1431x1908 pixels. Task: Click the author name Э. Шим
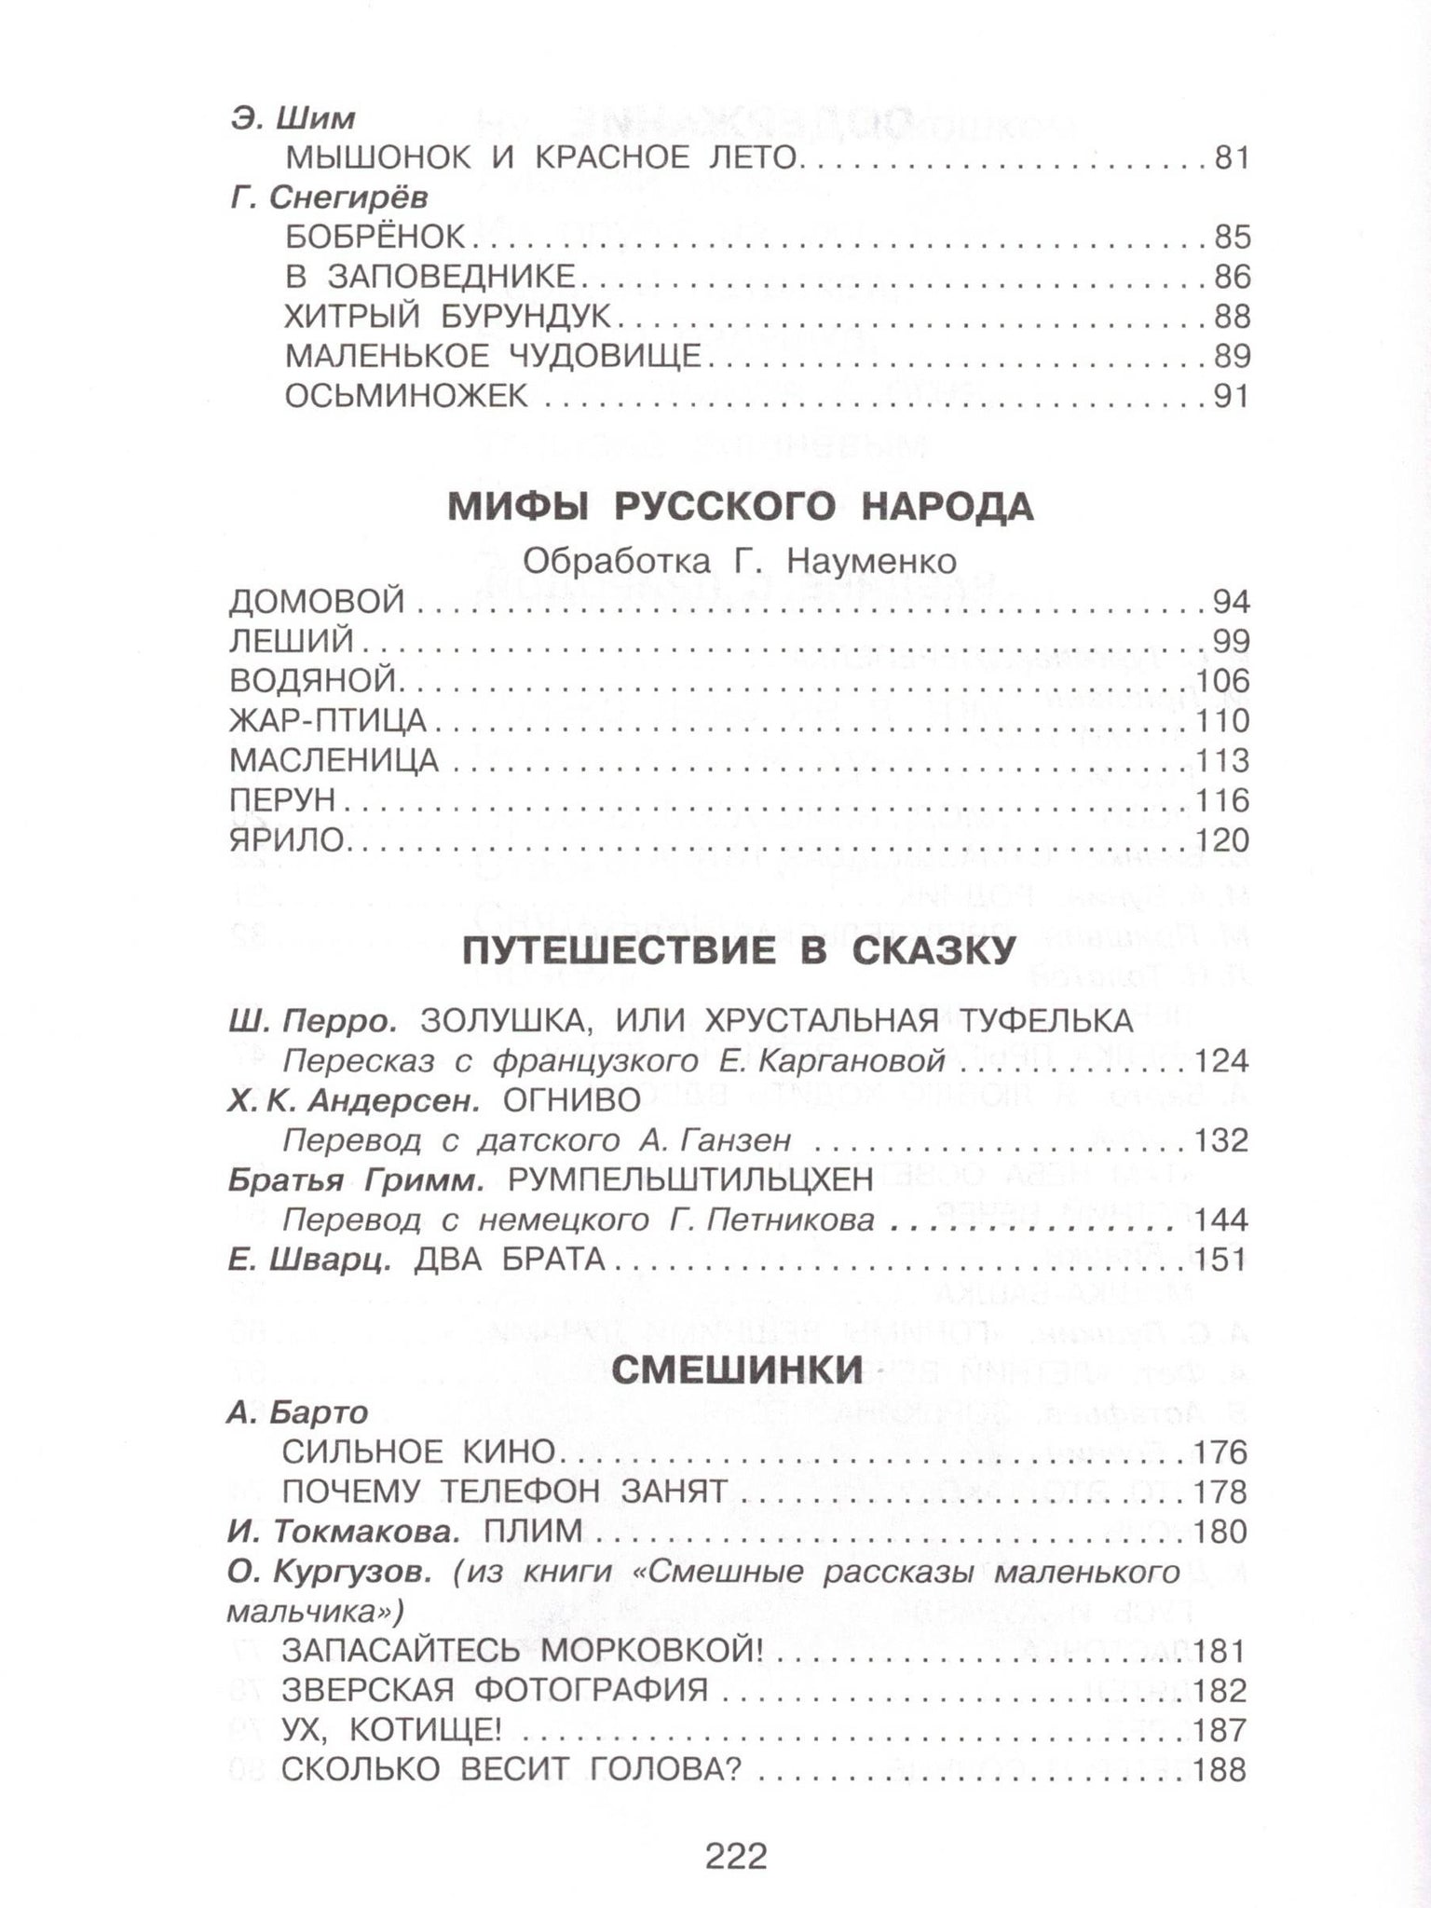(x=293, y=119)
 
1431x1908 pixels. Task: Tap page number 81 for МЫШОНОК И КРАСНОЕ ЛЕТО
(x=1230, y=158)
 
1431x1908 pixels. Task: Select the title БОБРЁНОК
(x=375, y=238)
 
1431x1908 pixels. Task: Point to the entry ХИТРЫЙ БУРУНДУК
(x=447, y=317)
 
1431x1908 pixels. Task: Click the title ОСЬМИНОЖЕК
(x=406, y=397)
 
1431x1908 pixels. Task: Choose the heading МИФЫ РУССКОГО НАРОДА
(x=741, y=508)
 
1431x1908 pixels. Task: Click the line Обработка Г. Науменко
(x=740, y=561)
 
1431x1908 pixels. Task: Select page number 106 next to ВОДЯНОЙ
(x=1221, y=682)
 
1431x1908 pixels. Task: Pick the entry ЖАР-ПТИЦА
(x=328, y=721)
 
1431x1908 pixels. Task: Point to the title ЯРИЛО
(x=287, y=840)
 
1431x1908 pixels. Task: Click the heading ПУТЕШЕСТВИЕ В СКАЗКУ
(x=738, y=952)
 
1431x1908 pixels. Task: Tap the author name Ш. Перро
(x=312, y=1021)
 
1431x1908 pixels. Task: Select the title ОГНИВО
(x=571, y=1100)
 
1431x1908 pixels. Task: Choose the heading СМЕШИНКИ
(x=739, y=1368)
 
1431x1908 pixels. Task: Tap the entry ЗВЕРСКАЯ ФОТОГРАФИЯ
(x=495, y=1690)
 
